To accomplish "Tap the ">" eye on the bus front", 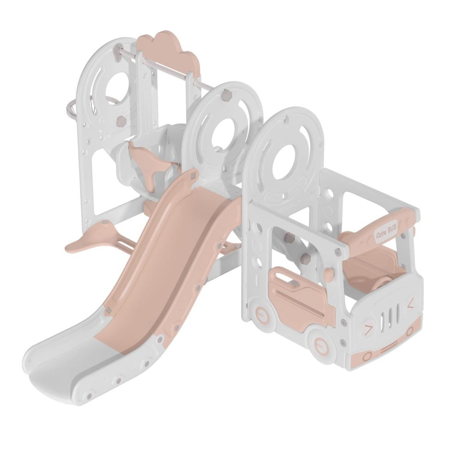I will click(368, 330).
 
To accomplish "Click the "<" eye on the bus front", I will click(409, 303).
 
